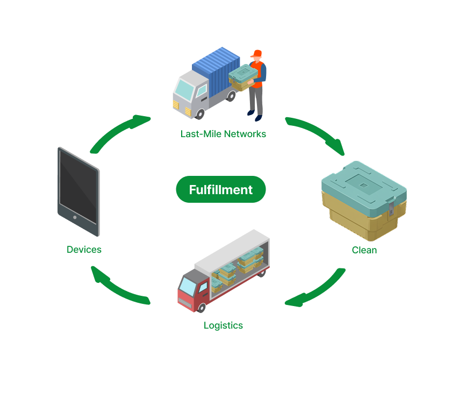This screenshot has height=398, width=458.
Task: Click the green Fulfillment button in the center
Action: (x=221, y=189)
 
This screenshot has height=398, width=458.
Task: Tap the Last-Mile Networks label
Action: (x=223, y=134)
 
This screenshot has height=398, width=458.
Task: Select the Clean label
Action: (x=364, y=250)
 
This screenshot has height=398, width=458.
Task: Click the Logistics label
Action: (x=223, y=325)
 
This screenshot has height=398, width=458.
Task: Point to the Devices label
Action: (x=84, y=250)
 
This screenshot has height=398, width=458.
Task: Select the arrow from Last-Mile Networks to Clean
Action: (x=317, y=134)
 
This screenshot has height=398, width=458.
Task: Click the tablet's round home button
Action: (x=75, y=218)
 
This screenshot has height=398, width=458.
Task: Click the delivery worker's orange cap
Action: (x=257, y=53)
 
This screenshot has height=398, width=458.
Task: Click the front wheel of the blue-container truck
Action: (x=201, y=113)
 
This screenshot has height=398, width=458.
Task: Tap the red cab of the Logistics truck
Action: (x=188, y=290)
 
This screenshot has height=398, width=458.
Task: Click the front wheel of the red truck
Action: (x=201, y=308)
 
